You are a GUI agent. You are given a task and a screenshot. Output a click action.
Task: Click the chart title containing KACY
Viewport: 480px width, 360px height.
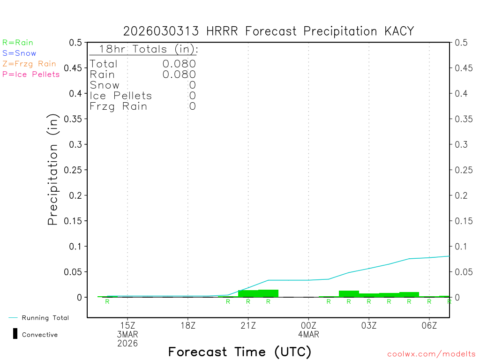click(269, 31)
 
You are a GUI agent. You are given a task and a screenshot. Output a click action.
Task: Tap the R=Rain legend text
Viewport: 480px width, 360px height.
click(18, 43)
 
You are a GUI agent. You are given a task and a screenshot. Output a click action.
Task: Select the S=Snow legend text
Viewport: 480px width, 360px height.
click(19, 53)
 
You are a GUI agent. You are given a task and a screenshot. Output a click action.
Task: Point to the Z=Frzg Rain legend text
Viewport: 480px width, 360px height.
click(29, 64)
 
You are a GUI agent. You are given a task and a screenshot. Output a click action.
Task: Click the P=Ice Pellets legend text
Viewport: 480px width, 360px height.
click(31, 74)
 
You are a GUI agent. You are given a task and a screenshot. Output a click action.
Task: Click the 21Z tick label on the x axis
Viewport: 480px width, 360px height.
click(248, 326)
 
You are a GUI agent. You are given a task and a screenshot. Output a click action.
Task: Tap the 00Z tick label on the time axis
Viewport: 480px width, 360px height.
click(308, 326)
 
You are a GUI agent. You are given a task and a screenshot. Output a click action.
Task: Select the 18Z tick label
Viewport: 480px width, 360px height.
click(187, 326)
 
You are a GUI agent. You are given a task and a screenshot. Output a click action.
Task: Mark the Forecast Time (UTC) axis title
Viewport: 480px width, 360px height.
click(240, 352)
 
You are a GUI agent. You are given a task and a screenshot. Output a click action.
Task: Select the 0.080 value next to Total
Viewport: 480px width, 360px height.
click(179, 64)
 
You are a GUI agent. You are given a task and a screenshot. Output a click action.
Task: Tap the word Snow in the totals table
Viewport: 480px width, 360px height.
click(105, 85)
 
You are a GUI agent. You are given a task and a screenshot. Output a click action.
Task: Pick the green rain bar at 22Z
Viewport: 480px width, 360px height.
click(268, 293)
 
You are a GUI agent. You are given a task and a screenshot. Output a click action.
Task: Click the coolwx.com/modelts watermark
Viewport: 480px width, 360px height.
click(431, 354)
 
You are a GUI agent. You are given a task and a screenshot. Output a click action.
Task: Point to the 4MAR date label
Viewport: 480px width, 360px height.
click(308, 335)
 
